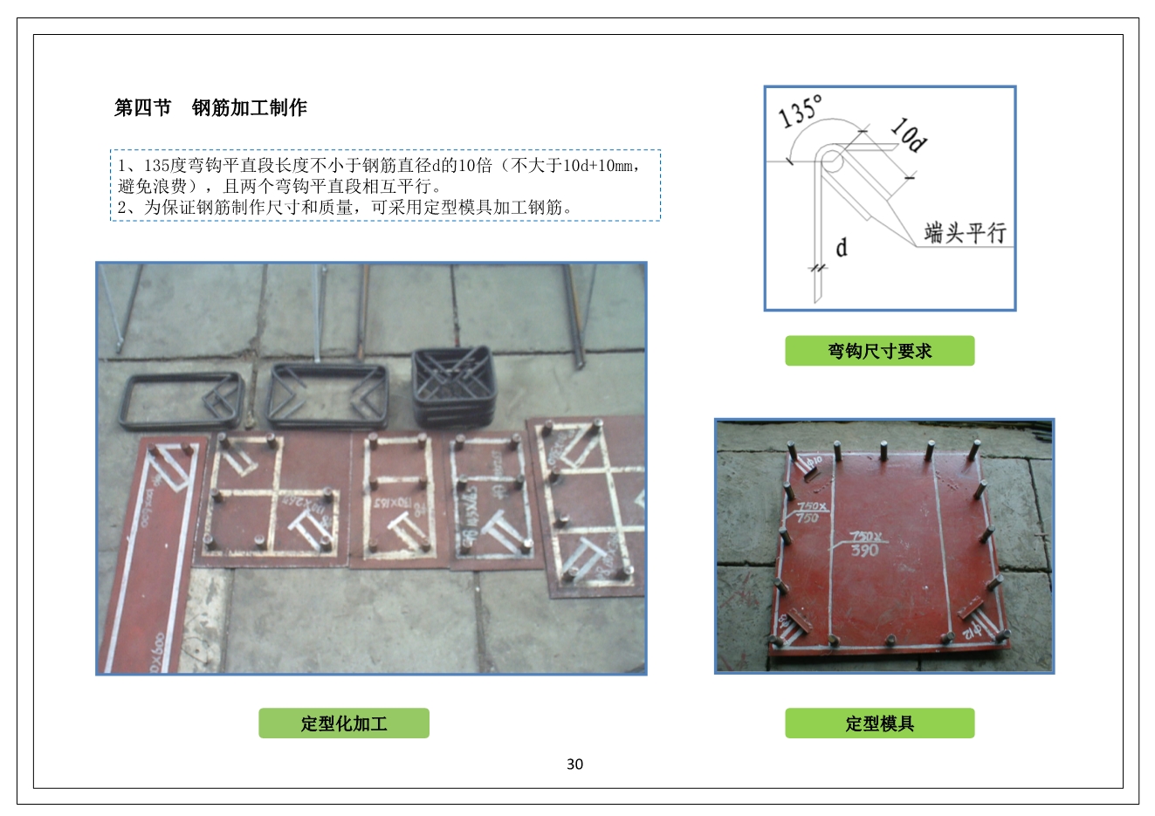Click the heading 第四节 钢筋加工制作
210,108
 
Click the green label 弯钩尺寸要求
879,351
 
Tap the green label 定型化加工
343,723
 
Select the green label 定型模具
879,723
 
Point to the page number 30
574,765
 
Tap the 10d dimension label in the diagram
909,134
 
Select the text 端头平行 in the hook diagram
965,233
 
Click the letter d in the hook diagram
842,248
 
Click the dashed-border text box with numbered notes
385,185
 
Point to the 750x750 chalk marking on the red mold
808,512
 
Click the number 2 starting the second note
123,208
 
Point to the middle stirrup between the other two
328,394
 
